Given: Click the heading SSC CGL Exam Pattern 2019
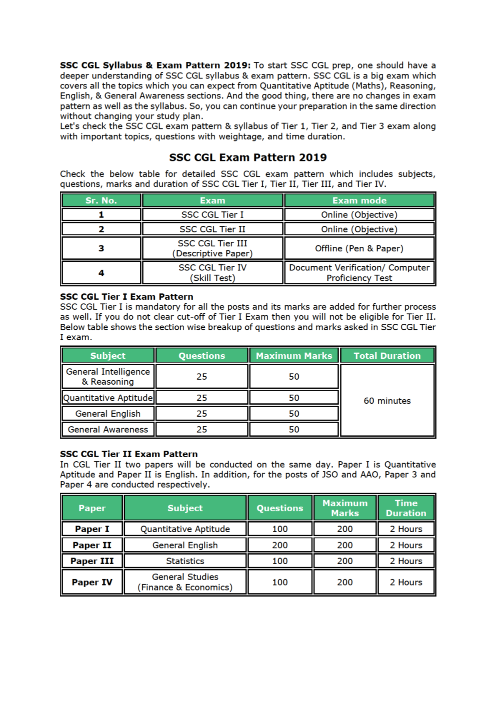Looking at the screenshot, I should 247,157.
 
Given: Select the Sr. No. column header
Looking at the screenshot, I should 101,200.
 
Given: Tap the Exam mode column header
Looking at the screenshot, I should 359,200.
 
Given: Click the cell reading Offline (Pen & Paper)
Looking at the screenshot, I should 359,248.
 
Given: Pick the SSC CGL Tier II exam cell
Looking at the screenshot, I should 212,229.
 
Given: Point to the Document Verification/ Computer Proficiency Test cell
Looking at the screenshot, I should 359,273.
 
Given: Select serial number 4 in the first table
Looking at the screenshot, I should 101,273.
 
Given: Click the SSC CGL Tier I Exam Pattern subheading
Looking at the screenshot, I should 126,297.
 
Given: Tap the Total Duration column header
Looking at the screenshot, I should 387,356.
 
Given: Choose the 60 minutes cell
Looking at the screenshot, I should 387,401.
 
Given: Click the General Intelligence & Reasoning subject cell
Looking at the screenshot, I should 108,377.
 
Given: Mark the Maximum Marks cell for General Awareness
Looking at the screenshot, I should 294,430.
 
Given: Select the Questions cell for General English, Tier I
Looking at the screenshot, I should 201,414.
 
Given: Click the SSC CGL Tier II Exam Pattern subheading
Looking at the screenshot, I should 129,454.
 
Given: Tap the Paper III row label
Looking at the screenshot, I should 92,561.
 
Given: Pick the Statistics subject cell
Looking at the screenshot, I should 185,561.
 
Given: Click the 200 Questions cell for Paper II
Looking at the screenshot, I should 280,545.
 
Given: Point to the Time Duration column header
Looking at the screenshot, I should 406,508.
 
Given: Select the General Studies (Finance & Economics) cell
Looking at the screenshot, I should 185,582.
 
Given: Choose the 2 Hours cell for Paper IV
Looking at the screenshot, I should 406,582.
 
